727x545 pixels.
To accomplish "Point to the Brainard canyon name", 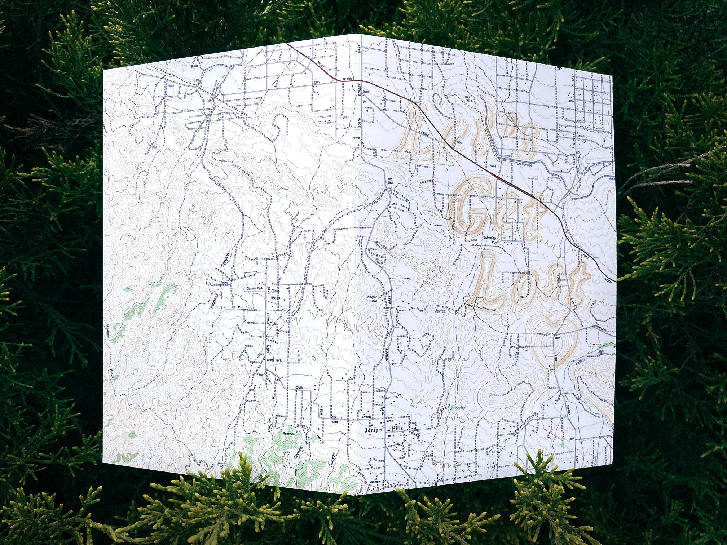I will (214, 302).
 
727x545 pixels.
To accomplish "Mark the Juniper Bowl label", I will (372, 299).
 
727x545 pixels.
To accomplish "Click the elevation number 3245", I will (317, 83).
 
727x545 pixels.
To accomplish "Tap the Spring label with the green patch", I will (459, 408).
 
